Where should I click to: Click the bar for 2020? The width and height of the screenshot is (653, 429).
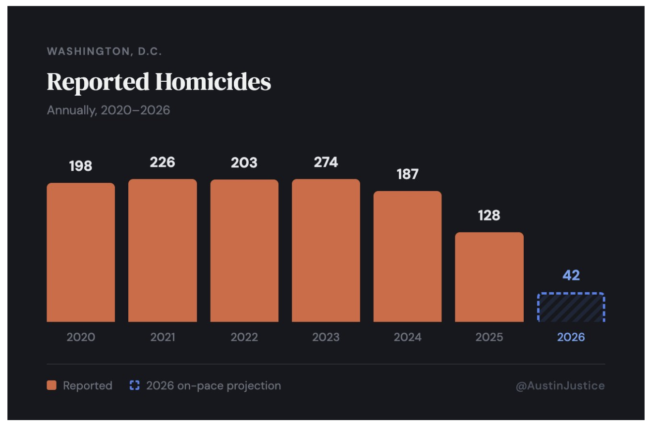[81, 253]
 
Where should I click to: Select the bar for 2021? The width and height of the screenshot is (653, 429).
[163, 251]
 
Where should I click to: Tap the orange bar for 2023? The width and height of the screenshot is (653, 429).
[326, 251]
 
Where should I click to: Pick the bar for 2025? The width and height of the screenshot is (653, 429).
[489, 277]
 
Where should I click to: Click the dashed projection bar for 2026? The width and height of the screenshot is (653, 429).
[571, 308]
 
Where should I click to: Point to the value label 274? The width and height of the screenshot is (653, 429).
[326, 162]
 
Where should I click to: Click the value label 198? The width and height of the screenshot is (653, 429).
[81, 166]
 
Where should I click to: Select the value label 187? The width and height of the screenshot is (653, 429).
[407, 174]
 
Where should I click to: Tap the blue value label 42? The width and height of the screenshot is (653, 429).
[571, 275]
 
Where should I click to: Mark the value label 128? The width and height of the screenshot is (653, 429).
[489, 215]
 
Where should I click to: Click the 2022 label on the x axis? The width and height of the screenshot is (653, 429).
[244, 337]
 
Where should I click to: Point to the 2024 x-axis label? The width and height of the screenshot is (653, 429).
[407, 337]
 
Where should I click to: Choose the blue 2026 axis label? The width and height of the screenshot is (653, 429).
[571, 337]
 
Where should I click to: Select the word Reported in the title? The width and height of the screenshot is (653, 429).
[98, 82]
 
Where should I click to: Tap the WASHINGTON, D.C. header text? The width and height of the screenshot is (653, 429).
[105, 52]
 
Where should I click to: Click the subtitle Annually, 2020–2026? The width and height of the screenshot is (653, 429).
[109, 110]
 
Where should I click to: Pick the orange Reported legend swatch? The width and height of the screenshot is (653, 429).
[52, 385]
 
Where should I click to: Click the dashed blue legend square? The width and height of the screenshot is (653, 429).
[135, 385]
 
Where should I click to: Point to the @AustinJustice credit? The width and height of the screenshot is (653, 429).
[560, 386]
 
